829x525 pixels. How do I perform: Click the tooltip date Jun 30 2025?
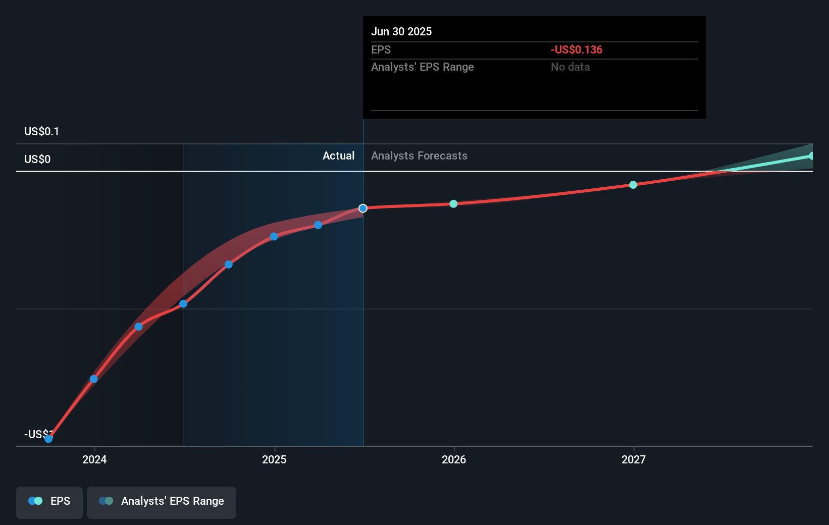point(401,31)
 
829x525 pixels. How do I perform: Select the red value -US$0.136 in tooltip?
point(576,49)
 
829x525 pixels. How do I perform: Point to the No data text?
point(570,67)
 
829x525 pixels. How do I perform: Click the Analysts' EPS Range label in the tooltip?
point(422,67)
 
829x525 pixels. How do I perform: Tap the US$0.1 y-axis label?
point(41,131)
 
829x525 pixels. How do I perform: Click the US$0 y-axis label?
point(37,159)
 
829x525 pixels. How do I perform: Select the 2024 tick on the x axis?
point(94,459)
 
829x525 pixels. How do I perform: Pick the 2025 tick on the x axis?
point(274,459)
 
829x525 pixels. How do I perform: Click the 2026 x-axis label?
point(454,459)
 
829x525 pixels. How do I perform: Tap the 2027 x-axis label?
point(634,459)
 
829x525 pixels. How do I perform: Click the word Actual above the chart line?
point(338,155)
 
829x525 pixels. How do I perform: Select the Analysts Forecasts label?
point(419,155)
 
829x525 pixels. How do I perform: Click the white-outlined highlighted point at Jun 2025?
point(363,208)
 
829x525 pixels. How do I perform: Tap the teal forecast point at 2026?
point(453,204)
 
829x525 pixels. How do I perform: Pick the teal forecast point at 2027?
point(633,185)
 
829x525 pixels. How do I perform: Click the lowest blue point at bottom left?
point(48,439)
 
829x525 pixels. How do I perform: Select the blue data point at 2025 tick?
point(274,236)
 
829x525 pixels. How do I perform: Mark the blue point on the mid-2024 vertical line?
point(183,304)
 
